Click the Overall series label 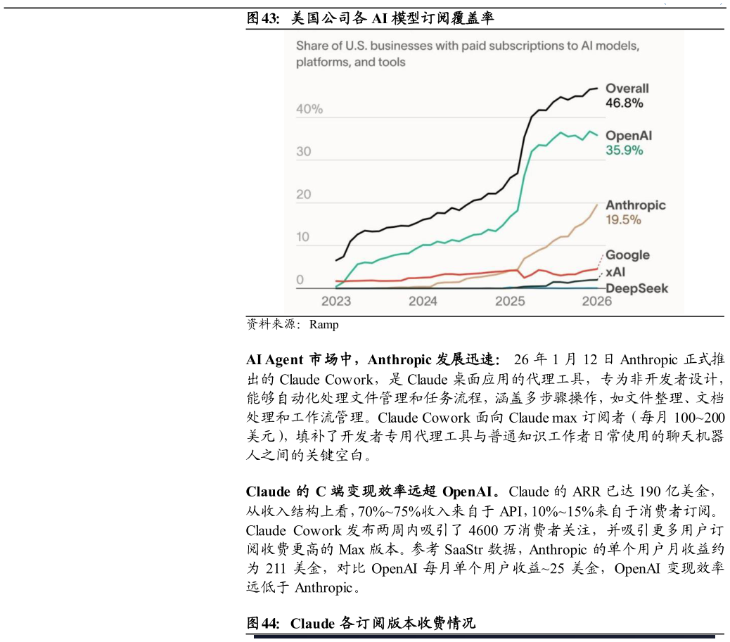(627, 89)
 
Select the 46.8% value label (624, 103)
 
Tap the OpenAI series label (628, 136)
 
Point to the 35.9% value (624, 150)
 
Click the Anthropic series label (635, 205)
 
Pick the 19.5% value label (623, 220)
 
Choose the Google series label (627, 255)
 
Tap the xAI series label (616, 272)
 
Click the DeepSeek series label (636, 288)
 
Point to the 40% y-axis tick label (309, 110)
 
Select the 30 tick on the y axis (303, 153)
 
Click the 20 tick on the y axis (303, 195)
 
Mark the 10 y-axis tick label (302, 238)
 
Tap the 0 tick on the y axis (300, 281)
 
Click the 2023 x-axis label (336, 302)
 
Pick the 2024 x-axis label (423, 302)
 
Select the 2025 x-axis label (510, 302)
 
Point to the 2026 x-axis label (596, 302)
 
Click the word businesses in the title (400, 46)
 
